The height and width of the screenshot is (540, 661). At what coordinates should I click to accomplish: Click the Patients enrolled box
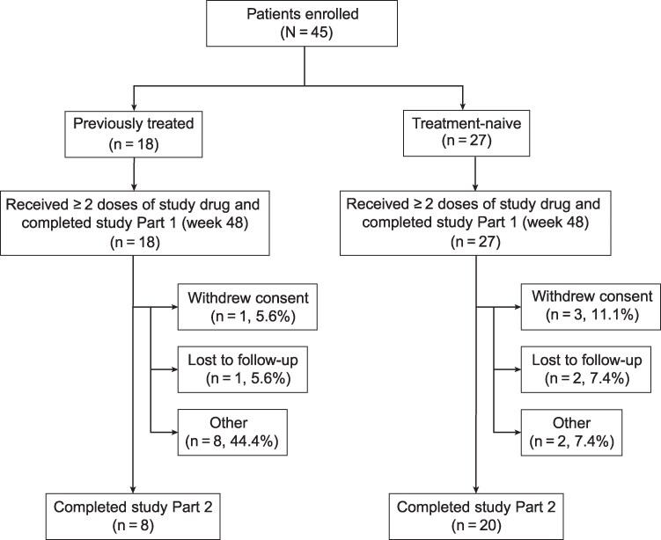302,23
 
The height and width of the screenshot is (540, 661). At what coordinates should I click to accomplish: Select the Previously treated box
133,134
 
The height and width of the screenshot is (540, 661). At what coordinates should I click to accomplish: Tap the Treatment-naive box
466,133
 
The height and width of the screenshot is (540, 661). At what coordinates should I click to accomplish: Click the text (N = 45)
307,33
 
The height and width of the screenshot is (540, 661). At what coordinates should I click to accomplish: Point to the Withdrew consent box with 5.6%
247,307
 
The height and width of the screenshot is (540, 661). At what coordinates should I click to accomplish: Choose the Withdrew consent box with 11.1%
591,307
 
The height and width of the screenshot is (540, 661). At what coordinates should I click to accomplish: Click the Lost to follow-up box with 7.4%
586,369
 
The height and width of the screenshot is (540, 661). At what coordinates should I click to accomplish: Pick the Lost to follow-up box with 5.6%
243,369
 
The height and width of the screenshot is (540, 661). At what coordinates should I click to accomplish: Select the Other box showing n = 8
232,432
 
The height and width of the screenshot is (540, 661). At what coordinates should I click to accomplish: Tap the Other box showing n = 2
571,432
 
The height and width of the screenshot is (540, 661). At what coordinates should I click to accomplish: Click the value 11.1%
615,315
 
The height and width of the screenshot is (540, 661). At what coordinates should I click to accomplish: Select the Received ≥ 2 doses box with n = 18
135,223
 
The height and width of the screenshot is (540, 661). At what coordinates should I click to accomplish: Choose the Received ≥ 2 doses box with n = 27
475,223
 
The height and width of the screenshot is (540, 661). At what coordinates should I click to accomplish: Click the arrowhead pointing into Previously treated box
134,107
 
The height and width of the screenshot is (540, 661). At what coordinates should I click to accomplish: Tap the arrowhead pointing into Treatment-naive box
463,106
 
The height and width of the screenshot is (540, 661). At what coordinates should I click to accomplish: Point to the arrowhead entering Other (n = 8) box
173,432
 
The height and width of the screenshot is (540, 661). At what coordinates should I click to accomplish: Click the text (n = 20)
476,526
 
